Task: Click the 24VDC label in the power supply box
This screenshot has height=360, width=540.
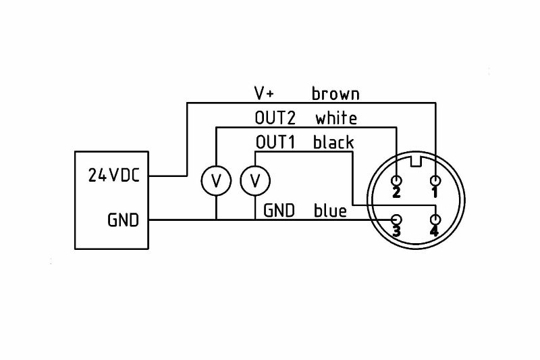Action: [114, 175]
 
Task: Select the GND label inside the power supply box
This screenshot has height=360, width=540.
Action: [124, 220]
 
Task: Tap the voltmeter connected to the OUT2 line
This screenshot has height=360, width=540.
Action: [216, 180]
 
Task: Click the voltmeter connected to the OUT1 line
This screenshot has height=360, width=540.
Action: [255, 180]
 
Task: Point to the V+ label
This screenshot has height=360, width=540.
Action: [264, 93]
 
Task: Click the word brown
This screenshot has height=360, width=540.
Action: [335, 93]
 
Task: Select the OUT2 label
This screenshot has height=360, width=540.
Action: [275, 118]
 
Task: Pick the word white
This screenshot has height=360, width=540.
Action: [336, 118]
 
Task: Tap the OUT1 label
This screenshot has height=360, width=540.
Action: [275, 142]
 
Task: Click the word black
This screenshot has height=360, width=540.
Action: [333, 142]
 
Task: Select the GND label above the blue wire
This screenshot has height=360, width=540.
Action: [279, 211]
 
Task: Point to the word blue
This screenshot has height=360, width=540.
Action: [330, 211]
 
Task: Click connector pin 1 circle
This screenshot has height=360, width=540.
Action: [435, 180]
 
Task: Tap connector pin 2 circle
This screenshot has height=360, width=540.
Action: [397, 180]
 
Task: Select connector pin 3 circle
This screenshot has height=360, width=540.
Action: [397, 220]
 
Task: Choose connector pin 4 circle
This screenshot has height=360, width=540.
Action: [435, 220]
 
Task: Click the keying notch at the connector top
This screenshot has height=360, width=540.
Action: [416, 161]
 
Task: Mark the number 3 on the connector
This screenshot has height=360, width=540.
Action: [396, 231]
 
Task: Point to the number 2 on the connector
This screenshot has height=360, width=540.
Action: [396, 192]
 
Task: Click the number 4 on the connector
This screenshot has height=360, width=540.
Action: [434, 231]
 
